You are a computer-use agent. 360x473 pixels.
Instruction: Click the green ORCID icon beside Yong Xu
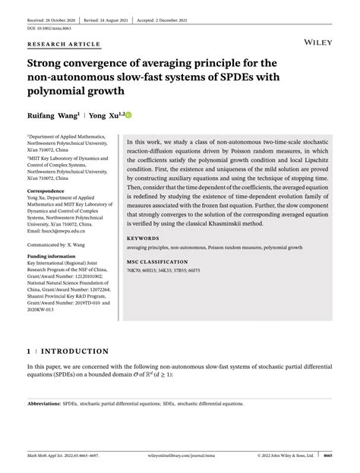pyautogui.click(x=128, y=115)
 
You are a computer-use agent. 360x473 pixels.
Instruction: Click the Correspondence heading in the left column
pyautogui.click(x=48, y=191)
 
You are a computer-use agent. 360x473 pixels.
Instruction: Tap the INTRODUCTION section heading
pyautogui.click(x=73, y=352)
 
